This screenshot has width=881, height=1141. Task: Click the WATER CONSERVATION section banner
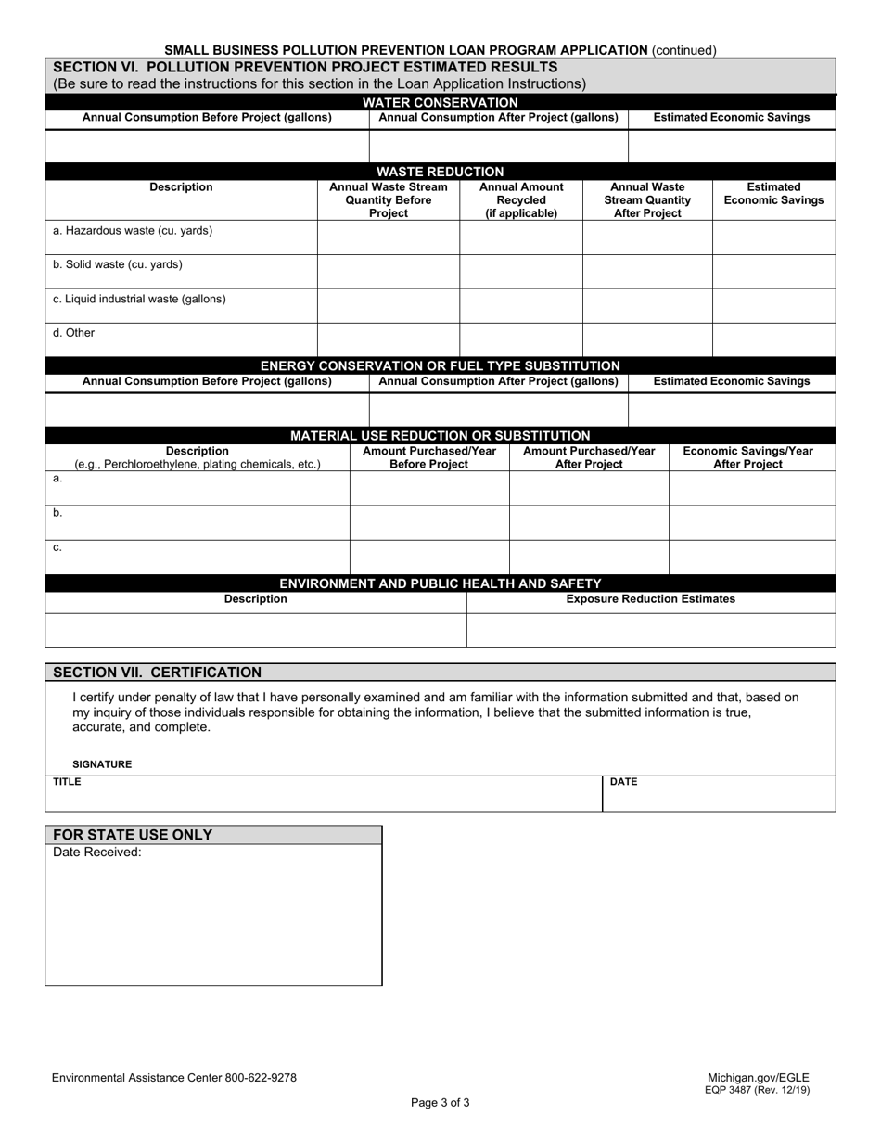(440, 102)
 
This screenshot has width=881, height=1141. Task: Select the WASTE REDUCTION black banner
(440, 172)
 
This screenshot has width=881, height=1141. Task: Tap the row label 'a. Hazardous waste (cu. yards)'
(133, 231)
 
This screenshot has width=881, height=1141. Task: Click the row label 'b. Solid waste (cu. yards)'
(118, 265)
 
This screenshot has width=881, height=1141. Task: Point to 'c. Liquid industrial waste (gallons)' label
(139, 300)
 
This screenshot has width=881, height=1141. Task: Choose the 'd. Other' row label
(74, 333)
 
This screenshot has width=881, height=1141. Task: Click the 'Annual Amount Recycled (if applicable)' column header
(521, 200)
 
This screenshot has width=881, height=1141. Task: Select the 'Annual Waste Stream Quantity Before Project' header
(388, 200)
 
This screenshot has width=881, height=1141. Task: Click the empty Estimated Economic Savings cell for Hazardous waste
(773, 237)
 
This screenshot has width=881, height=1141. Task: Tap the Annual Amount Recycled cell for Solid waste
(521, 272)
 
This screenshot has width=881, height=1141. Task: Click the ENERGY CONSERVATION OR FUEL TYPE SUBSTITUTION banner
(440, 365)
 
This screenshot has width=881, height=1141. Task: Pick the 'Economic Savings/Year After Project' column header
(747, 457)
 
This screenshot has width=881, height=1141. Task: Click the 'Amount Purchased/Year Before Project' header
(428, 457)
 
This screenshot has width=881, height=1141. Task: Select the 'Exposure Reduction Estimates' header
(650, 599)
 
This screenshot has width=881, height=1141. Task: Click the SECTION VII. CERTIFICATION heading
(158, 673)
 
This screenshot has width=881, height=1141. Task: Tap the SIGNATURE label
(102, 764)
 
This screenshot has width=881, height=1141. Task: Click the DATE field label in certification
(623, 782)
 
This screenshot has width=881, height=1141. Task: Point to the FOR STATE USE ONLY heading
(133, 835)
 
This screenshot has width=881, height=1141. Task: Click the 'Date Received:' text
(97, 853)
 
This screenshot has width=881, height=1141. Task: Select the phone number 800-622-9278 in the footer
(261, 1078)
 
